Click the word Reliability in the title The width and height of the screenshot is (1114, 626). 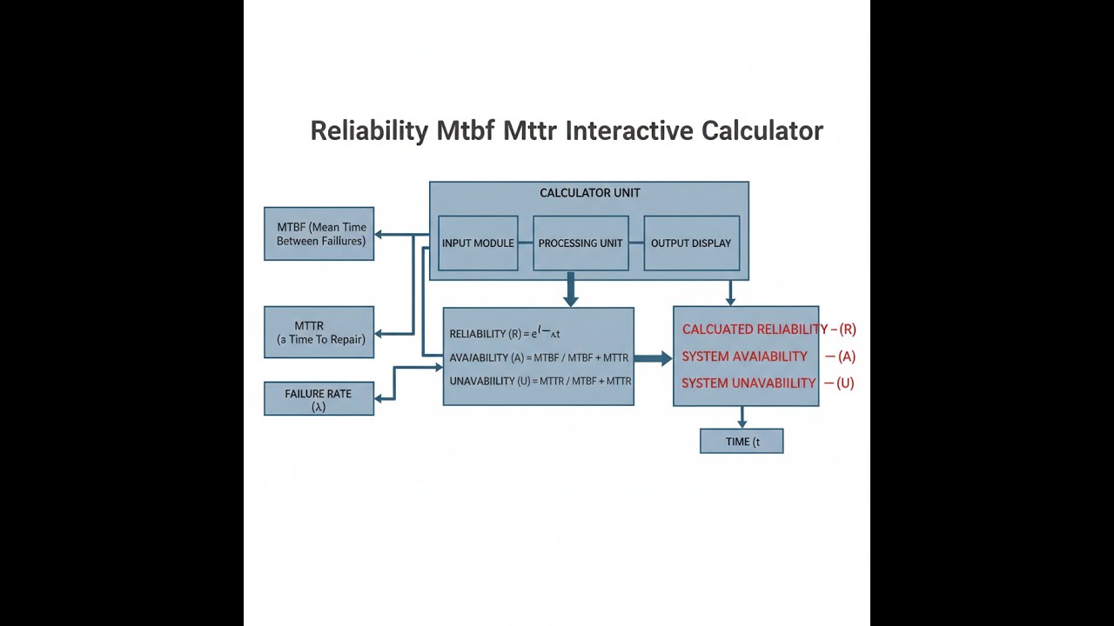[369, 131]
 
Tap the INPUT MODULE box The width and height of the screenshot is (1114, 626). [478, 243]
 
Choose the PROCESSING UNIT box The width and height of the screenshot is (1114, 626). [580, 243]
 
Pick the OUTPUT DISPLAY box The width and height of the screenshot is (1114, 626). [691, 243]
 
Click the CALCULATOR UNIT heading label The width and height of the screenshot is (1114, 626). [590, 193]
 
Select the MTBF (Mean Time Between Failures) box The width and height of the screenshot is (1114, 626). [319, 234]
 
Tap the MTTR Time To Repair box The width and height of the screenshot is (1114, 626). [319, 332]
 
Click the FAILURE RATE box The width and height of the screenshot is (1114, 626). [319, 399]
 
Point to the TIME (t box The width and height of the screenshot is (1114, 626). [742, 442]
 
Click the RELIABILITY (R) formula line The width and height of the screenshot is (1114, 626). [505, 333]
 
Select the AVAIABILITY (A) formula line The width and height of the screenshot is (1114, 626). [539, 357]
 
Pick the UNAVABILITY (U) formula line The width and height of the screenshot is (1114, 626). [540, 381]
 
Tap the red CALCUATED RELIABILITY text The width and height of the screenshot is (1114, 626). [755, 330]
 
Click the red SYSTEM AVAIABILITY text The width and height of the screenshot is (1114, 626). [745, 356]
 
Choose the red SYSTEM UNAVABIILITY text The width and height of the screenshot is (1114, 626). [748, 383]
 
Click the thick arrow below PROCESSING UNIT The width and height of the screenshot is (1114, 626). [571, 290]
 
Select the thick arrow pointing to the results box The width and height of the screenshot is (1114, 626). [653, 357]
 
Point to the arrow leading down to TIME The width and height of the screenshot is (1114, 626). [742, 417]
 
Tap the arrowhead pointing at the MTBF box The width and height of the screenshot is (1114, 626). [380, 234]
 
